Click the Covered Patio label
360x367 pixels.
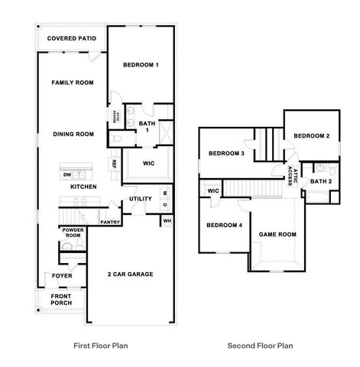click(x=72, y=38)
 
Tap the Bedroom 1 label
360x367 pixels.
click(x=141, y=65)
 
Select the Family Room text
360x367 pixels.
click(x=72, y=82)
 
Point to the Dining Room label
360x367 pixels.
click(x=73, y=134)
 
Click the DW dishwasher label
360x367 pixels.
click(x=67, y=175)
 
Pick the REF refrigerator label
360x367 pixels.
click(x=114, y=163)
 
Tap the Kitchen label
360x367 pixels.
click(x=83, y=187)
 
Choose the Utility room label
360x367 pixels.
click(x=141, y=199)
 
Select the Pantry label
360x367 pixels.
click(x=111, y=222)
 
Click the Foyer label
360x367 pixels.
click(x=61, y=277)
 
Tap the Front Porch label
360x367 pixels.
click(x=61, y=300)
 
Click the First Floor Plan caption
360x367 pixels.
click(x=100, y=346)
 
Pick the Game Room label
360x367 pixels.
click(x=277, y=235)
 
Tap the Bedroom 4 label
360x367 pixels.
click(x=224, y=225)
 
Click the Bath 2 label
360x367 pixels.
click(x=320, y=181)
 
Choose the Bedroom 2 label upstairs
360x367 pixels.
click(x=312, y=136)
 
